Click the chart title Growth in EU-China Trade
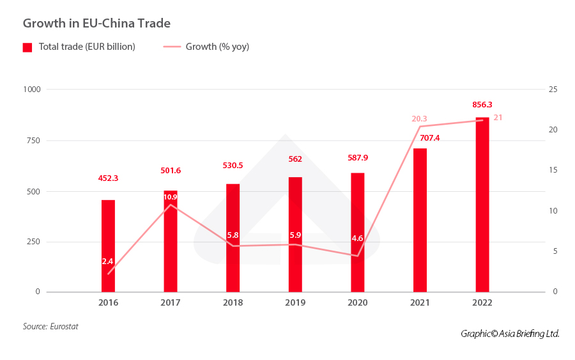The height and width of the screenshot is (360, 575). point(96,24)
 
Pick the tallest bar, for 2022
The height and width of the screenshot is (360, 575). point(482,205)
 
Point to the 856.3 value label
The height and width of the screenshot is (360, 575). point(482,105)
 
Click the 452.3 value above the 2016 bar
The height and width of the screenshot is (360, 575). point(108,179)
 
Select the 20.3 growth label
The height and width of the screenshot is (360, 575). point(419,118)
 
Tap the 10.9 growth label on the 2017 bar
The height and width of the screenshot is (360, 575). point(171,197)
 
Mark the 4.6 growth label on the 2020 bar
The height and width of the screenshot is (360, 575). point(357,239)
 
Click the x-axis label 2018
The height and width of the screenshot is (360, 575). point(233,302)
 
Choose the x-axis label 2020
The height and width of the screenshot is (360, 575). point(357,302)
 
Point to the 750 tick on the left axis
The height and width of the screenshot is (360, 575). point(33,141)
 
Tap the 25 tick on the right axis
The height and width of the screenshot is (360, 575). point(553,90)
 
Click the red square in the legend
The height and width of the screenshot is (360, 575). point(27,47)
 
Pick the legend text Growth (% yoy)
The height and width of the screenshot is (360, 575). point(217,47)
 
